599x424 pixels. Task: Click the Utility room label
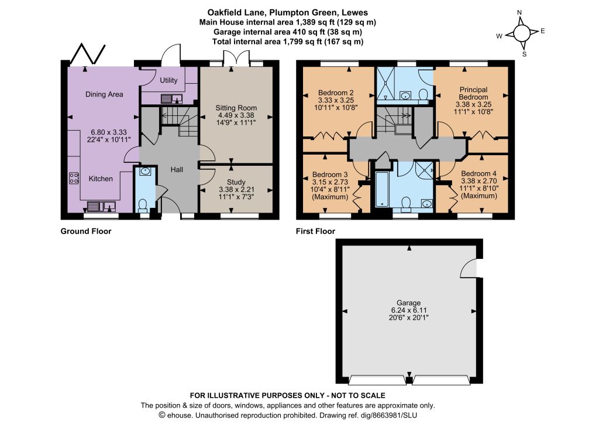click(x=168, y=80)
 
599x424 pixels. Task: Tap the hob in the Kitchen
click(x=74, y=178)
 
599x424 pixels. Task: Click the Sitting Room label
click(x=236, y=108)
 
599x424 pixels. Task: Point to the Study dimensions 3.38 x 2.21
click(x=236, y=189)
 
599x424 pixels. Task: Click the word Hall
click(x=177, y=169)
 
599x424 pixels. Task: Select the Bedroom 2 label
click(x=336, y=93)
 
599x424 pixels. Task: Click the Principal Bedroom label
click(x=473, y=93)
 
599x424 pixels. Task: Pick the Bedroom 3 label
click(x=330, y=175)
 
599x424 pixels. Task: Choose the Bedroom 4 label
click(x=478, y=173)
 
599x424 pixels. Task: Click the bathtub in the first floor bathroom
click(x=381, y=190)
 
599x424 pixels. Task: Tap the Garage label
click(x=408, y=303)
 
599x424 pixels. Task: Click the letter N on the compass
click(x=519, y=12)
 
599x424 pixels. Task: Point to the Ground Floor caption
click(x=86, y=231)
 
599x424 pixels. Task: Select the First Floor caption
click(x=315, y=231)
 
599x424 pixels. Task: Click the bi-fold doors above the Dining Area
click(x=88, y=54)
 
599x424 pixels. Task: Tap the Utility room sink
click(x=171, y=98)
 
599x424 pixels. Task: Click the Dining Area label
click(x=104, y=94)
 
